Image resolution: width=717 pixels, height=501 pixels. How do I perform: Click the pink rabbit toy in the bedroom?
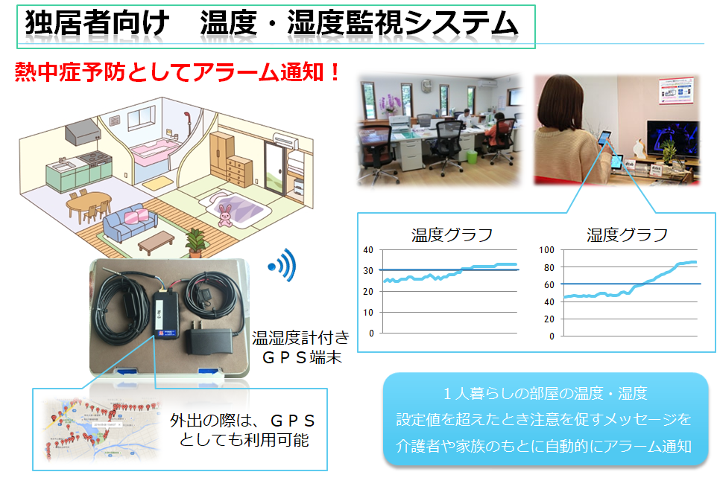click(224, 215)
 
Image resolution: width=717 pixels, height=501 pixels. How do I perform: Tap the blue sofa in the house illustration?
click(130, 224)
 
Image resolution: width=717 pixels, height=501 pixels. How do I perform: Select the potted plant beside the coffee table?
click(195, 243)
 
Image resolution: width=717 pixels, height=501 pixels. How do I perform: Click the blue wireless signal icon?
click(282, 265)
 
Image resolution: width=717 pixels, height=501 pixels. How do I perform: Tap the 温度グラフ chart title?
click(452, 235)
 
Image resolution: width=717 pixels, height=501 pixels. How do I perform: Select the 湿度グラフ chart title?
click(628, 235)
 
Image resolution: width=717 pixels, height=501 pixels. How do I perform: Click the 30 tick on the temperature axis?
click(368, 270)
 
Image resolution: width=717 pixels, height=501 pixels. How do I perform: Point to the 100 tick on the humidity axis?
click(546, 250)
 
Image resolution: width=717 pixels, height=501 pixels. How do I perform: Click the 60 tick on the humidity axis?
click(549, 284)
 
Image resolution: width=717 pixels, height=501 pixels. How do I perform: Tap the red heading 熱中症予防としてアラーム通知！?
click(177, 72)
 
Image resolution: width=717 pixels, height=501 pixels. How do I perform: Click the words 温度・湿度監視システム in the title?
click(359, 24)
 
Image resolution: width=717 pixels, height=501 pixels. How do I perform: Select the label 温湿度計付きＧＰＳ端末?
click(301, 347)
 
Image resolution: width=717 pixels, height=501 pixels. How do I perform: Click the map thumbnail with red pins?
click(101, 430)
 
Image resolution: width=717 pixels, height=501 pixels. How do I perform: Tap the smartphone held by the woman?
click(604, 138)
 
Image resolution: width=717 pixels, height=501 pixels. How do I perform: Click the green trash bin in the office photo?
click(472, 156)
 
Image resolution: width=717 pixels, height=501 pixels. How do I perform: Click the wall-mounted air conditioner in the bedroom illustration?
click(286, 140)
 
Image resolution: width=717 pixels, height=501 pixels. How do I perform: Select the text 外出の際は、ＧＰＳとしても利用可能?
click(243, 430)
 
